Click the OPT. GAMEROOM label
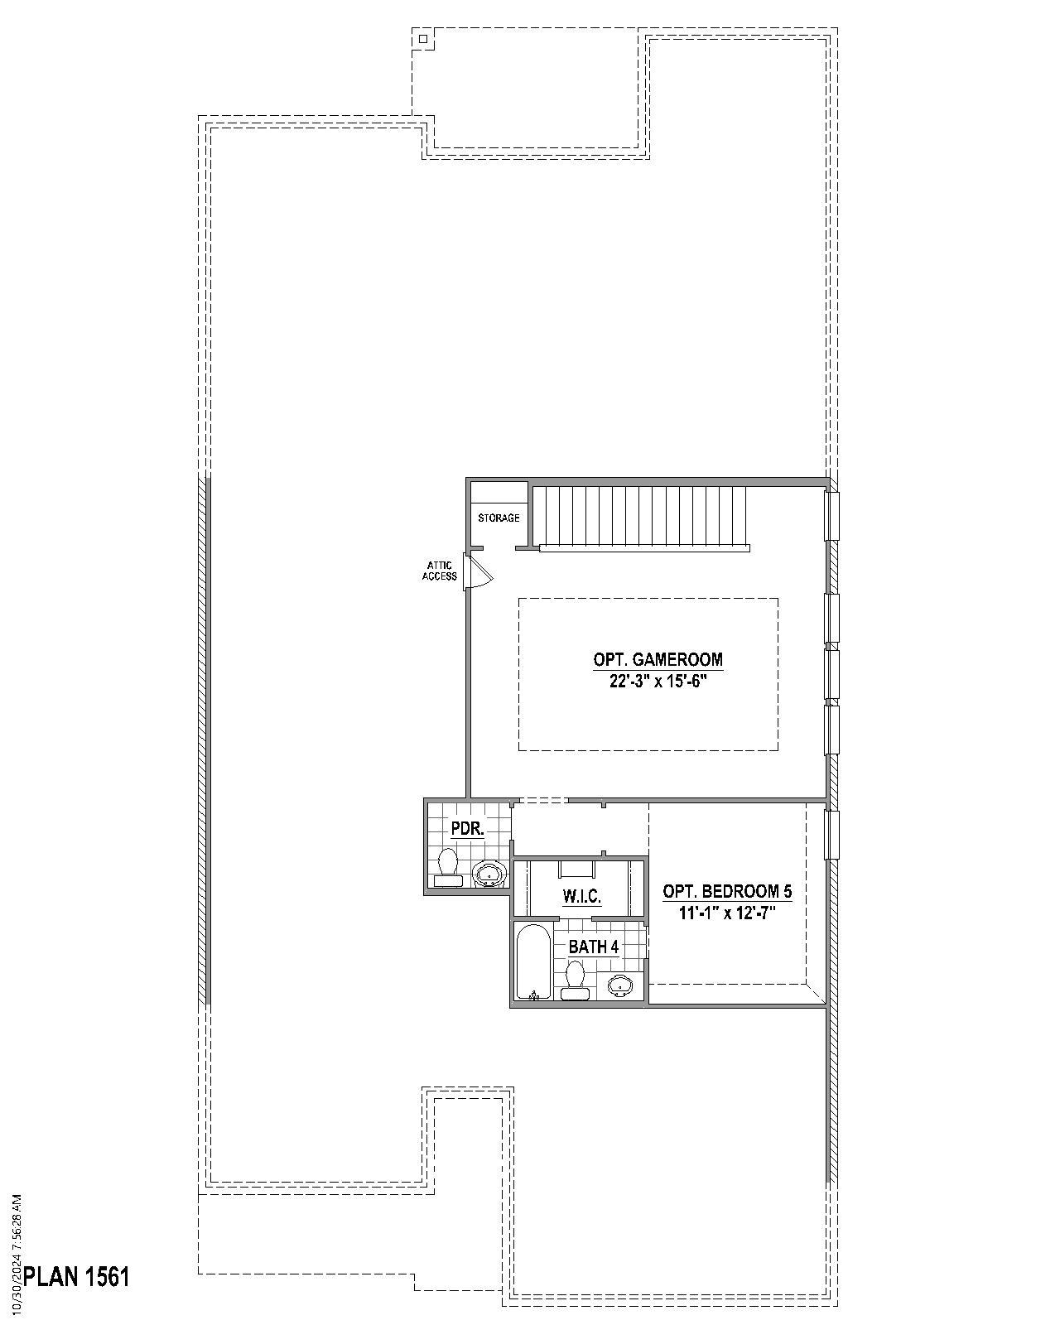(x=658, y=660)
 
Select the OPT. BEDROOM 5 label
(x=727, y=892)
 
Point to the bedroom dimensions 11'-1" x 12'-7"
(x=727, y=913)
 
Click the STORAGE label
(x=499, y=518)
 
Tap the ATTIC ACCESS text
(x=440, y=571)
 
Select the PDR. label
(x=467, y=829)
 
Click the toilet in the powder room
(x=448, y=867)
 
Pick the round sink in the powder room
(x=488, y=873)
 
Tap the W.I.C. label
(x=581, y=896)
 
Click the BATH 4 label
(x=593, y=947)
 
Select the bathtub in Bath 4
(x=531, y=962)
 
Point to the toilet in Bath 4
(x=575, y=980)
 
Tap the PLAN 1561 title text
(x=76, y=1276)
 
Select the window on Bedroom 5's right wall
(x=831, y=835)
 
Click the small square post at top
(x=422, y=38)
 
